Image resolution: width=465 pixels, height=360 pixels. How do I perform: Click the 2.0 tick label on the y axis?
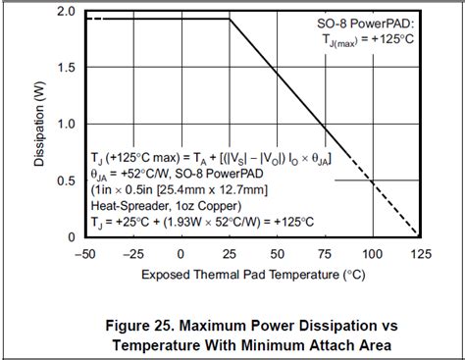click(64, 11)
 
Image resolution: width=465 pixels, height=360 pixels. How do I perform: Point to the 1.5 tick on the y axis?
click(64, 67)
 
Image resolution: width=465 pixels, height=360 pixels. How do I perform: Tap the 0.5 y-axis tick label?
click(64, 180)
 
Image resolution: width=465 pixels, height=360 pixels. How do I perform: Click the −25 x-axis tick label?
click(134, 253)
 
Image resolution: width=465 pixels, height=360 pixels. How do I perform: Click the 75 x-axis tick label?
click(325, 253)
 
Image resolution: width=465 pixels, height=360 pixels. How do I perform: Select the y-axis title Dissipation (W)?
click(39, 124)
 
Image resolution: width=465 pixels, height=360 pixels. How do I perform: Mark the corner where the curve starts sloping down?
click(230, 19)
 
